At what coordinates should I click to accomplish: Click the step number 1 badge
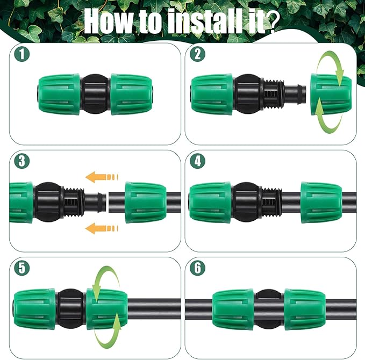pyautogui.click(x=21, y=54)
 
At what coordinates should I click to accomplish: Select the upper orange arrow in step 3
pyautogui.click(x=102, y=177)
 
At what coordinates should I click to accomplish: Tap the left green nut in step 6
pyautogui.click(x=233, y=309)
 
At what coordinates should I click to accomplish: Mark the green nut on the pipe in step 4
pyautogui.click(x=321, y=201)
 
